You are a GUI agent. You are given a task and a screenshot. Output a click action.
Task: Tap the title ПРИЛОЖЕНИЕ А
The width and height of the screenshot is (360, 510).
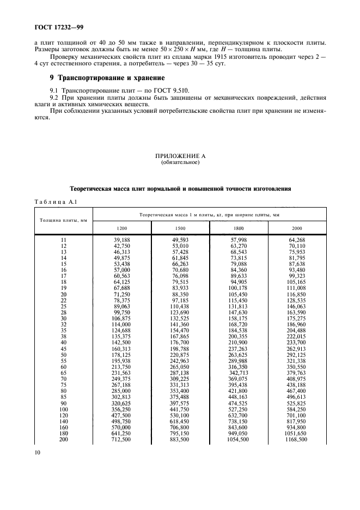click(180, 156)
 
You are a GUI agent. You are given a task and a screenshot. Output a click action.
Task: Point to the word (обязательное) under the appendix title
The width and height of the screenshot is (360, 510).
click(180, 162)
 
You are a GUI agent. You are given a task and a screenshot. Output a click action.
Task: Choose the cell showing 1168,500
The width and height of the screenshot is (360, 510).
click(297, 439)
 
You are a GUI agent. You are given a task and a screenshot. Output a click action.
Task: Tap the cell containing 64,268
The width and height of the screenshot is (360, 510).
click(297, 240)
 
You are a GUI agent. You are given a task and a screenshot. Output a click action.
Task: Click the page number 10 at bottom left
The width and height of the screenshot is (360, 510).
click(38, 452)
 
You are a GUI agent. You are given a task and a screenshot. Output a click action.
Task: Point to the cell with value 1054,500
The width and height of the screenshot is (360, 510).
click(239, 439)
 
